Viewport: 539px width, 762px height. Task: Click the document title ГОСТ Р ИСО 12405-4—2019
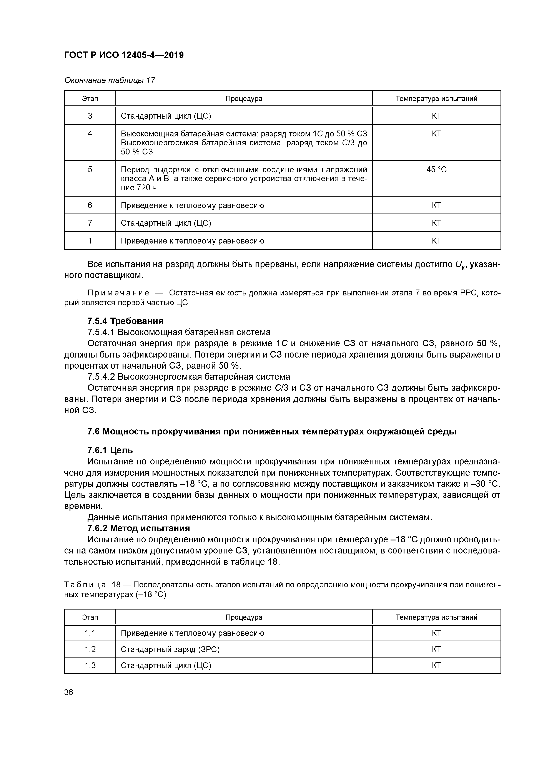[x=123, y=55]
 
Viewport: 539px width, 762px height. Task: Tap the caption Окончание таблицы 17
[x=110, y=80]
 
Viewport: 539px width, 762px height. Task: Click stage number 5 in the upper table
[x=90, y=170]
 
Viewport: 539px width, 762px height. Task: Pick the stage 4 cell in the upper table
[x=90, y=134]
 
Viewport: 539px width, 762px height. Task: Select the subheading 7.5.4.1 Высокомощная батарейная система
[x=179, y=332]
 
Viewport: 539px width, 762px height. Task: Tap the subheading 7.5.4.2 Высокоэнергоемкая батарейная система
[x=188, y=377]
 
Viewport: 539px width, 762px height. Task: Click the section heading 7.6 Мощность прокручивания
[x=271, y=431]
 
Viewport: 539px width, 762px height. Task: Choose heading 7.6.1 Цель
[x=110, y=450]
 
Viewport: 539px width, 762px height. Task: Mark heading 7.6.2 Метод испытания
[x=138, y=528]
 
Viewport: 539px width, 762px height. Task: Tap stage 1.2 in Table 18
[x=90, y=649]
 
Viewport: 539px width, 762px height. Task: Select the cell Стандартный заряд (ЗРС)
[x=170, y=649]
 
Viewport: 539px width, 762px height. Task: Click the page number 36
[x=69, y=692]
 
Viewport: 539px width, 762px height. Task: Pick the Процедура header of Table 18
[x=244, y=617]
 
